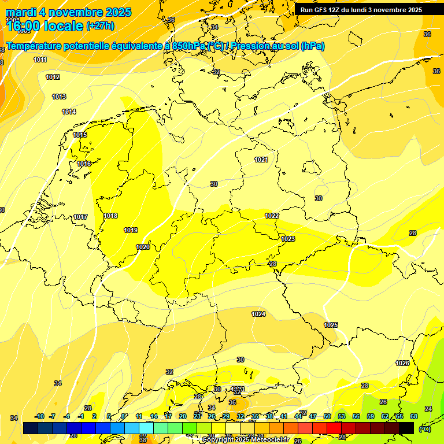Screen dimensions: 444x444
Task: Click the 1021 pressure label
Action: coord(261,160)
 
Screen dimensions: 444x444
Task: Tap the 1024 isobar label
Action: coord(258,314)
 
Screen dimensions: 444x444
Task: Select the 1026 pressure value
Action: coord(402,363)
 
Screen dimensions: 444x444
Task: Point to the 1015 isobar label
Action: coord(80,135)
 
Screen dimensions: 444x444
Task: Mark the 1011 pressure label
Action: coord(40,60)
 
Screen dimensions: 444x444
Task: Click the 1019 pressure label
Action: coord(131,230)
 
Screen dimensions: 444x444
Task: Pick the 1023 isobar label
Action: coord(288,239)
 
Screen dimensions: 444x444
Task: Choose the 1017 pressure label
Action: coord(80,217)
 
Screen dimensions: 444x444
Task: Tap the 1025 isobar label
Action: coord(331,325)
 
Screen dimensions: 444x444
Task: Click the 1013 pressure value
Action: coord(59,97)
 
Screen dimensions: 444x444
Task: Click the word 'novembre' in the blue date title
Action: coord(77,12)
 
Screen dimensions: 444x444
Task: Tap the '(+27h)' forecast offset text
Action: coord(100,26)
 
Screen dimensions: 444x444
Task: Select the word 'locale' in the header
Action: coord(64,26)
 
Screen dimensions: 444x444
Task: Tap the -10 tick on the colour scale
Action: coord(39,416)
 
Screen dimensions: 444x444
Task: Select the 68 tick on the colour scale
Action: coord(413,416)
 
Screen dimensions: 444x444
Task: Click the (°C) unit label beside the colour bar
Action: coord(424,428)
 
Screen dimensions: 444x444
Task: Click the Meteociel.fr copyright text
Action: coord(245,440)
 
